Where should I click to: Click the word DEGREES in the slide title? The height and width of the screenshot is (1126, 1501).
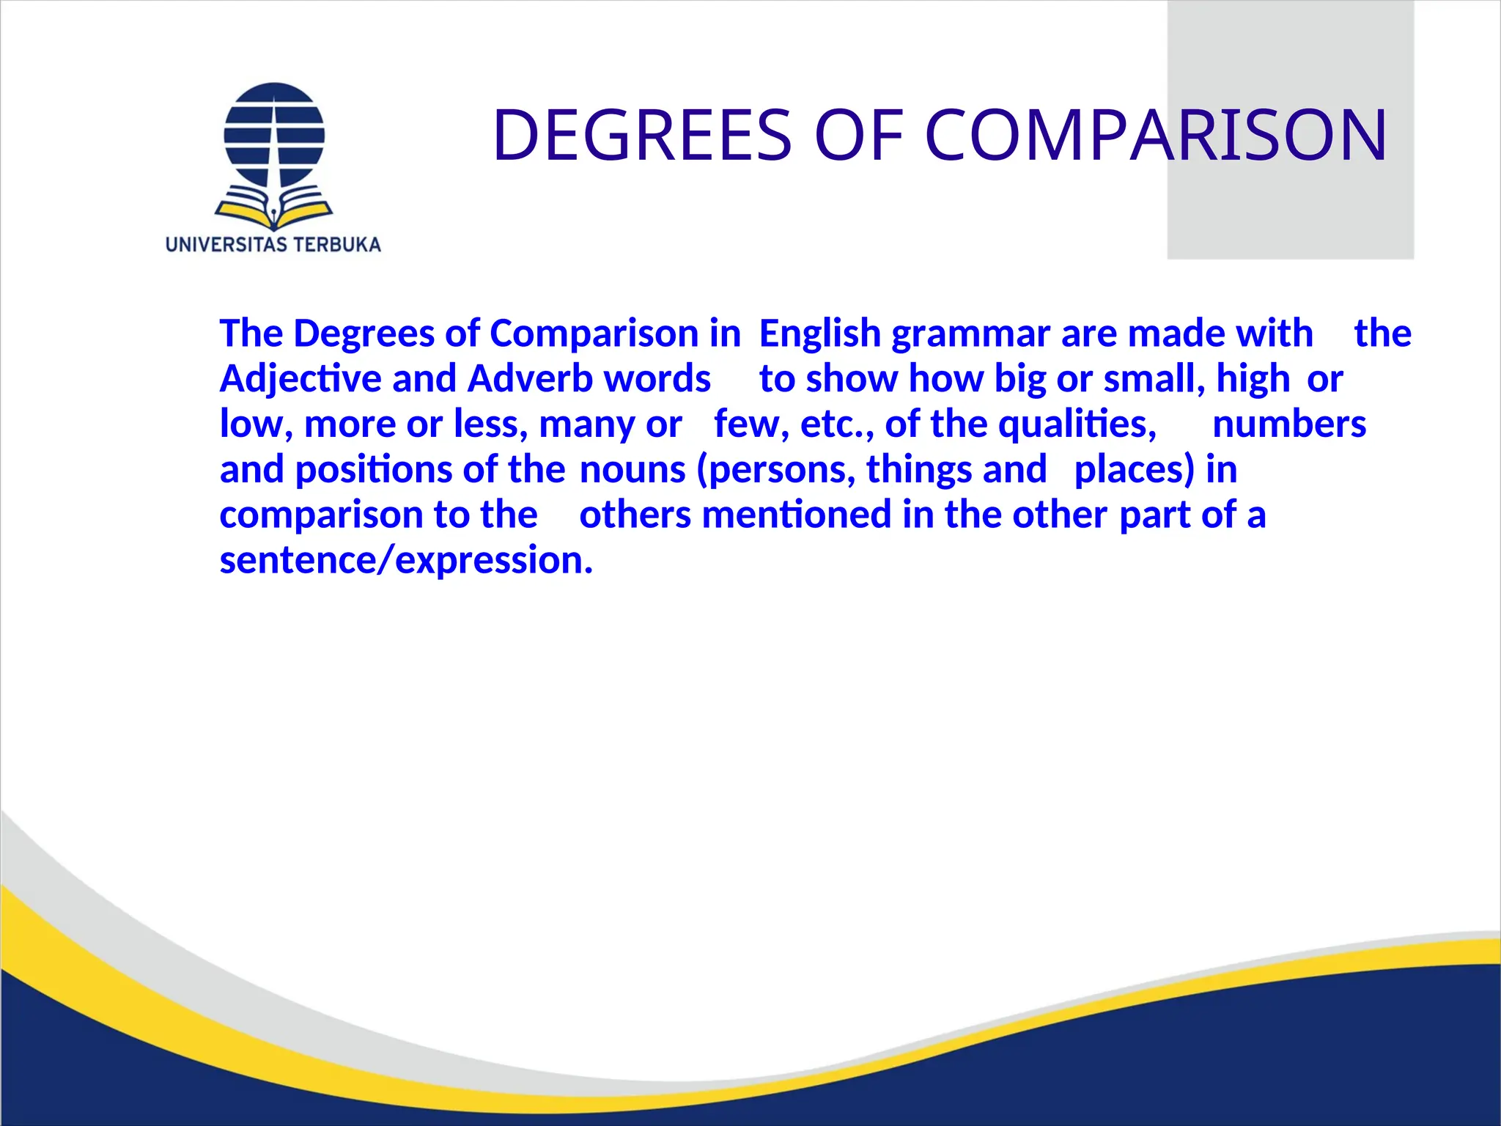coord(642,135)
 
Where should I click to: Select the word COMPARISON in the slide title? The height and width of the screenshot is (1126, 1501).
coord(1156,135)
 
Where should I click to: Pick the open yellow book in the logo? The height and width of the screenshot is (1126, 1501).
coord(274,209)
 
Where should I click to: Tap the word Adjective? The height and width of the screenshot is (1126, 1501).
coord(300,380)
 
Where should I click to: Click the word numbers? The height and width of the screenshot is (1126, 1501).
coord(1289,424)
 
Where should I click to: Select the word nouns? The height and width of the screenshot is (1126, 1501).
coord(633,470)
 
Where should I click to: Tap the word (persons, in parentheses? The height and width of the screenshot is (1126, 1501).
coord(776,471)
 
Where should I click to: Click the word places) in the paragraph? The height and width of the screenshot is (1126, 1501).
coord(1135,471)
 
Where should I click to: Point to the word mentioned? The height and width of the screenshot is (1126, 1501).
coord(797,515)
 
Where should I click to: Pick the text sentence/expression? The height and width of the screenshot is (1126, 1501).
coord(405,561)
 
